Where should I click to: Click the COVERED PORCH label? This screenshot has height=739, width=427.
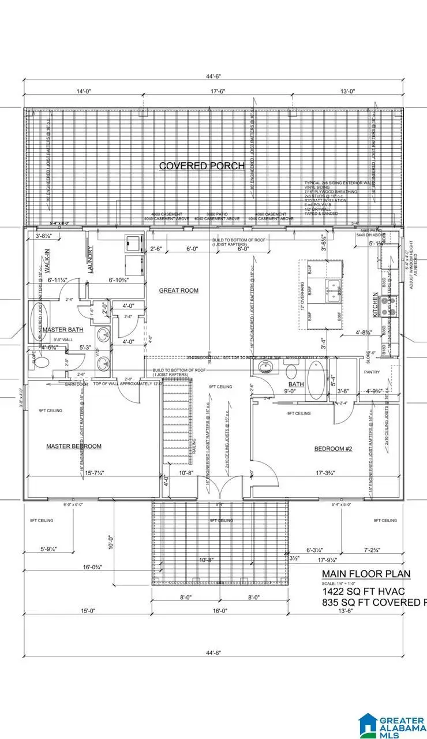tap(201, 166)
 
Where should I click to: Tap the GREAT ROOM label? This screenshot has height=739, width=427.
tap(179, 290)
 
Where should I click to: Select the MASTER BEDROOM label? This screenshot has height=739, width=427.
tap(73, 446)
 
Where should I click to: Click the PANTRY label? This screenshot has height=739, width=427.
tap(372, 372)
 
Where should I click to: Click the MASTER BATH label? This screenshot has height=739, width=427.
tap(63, 330)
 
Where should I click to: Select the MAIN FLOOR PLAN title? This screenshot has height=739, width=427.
tap(366, 573)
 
